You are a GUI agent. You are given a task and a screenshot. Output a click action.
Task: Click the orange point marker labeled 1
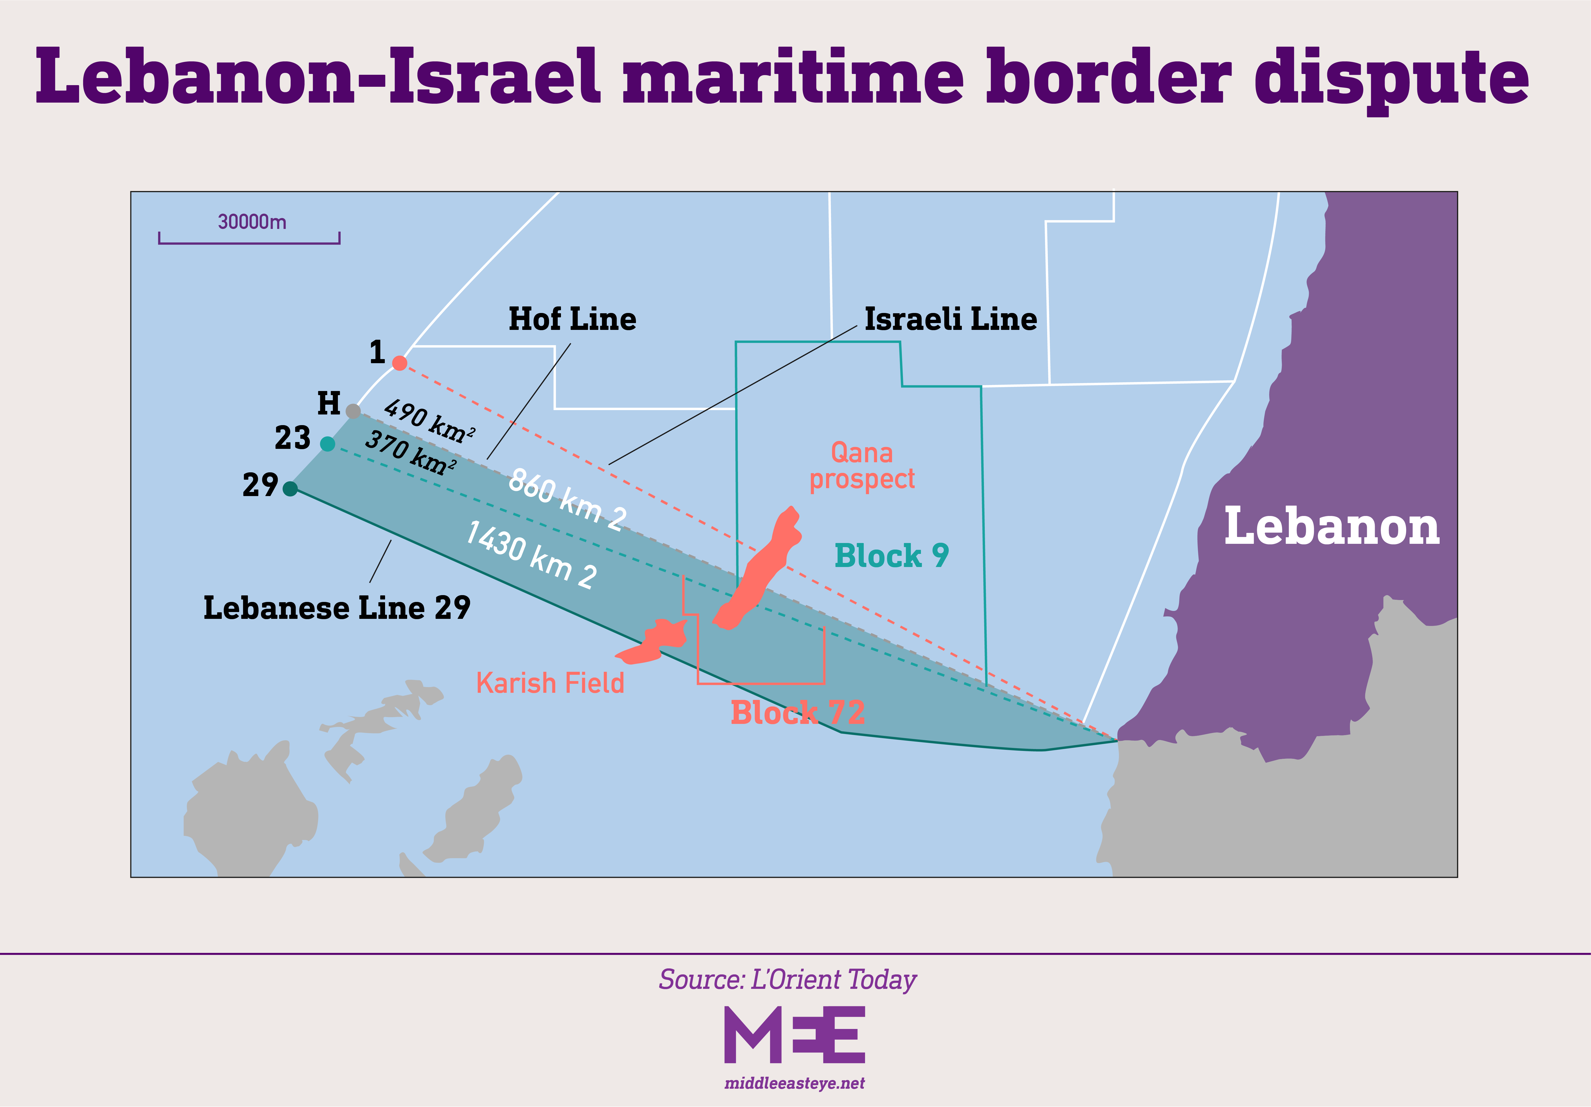click(x=399, y=363)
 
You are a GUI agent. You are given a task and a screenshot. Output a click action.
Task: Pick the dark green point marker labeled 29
click(x=290, y=489)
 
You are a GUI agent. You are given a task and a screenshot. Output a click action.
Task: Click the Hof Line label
click(x=572, y=319)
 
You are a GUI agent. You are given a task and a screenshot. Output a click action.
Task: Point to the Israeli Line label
click(x=951, y=319)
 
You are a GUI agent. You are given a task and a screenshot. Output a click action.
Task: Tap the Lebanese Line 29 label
click(x=337, y=608)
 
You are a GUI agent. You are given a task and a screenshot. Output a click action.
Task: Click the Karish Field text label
click(x=550, y=684)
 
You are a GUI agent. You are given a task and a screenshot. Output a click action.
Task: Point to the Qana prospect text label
click(x=862, y=466)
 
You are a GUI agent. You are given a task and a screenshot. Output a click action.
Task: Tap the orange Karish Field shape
click(x=655, y=641)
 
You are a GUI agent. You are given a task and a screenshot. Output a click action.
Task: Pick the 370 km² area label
click(x=410, y=452)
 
